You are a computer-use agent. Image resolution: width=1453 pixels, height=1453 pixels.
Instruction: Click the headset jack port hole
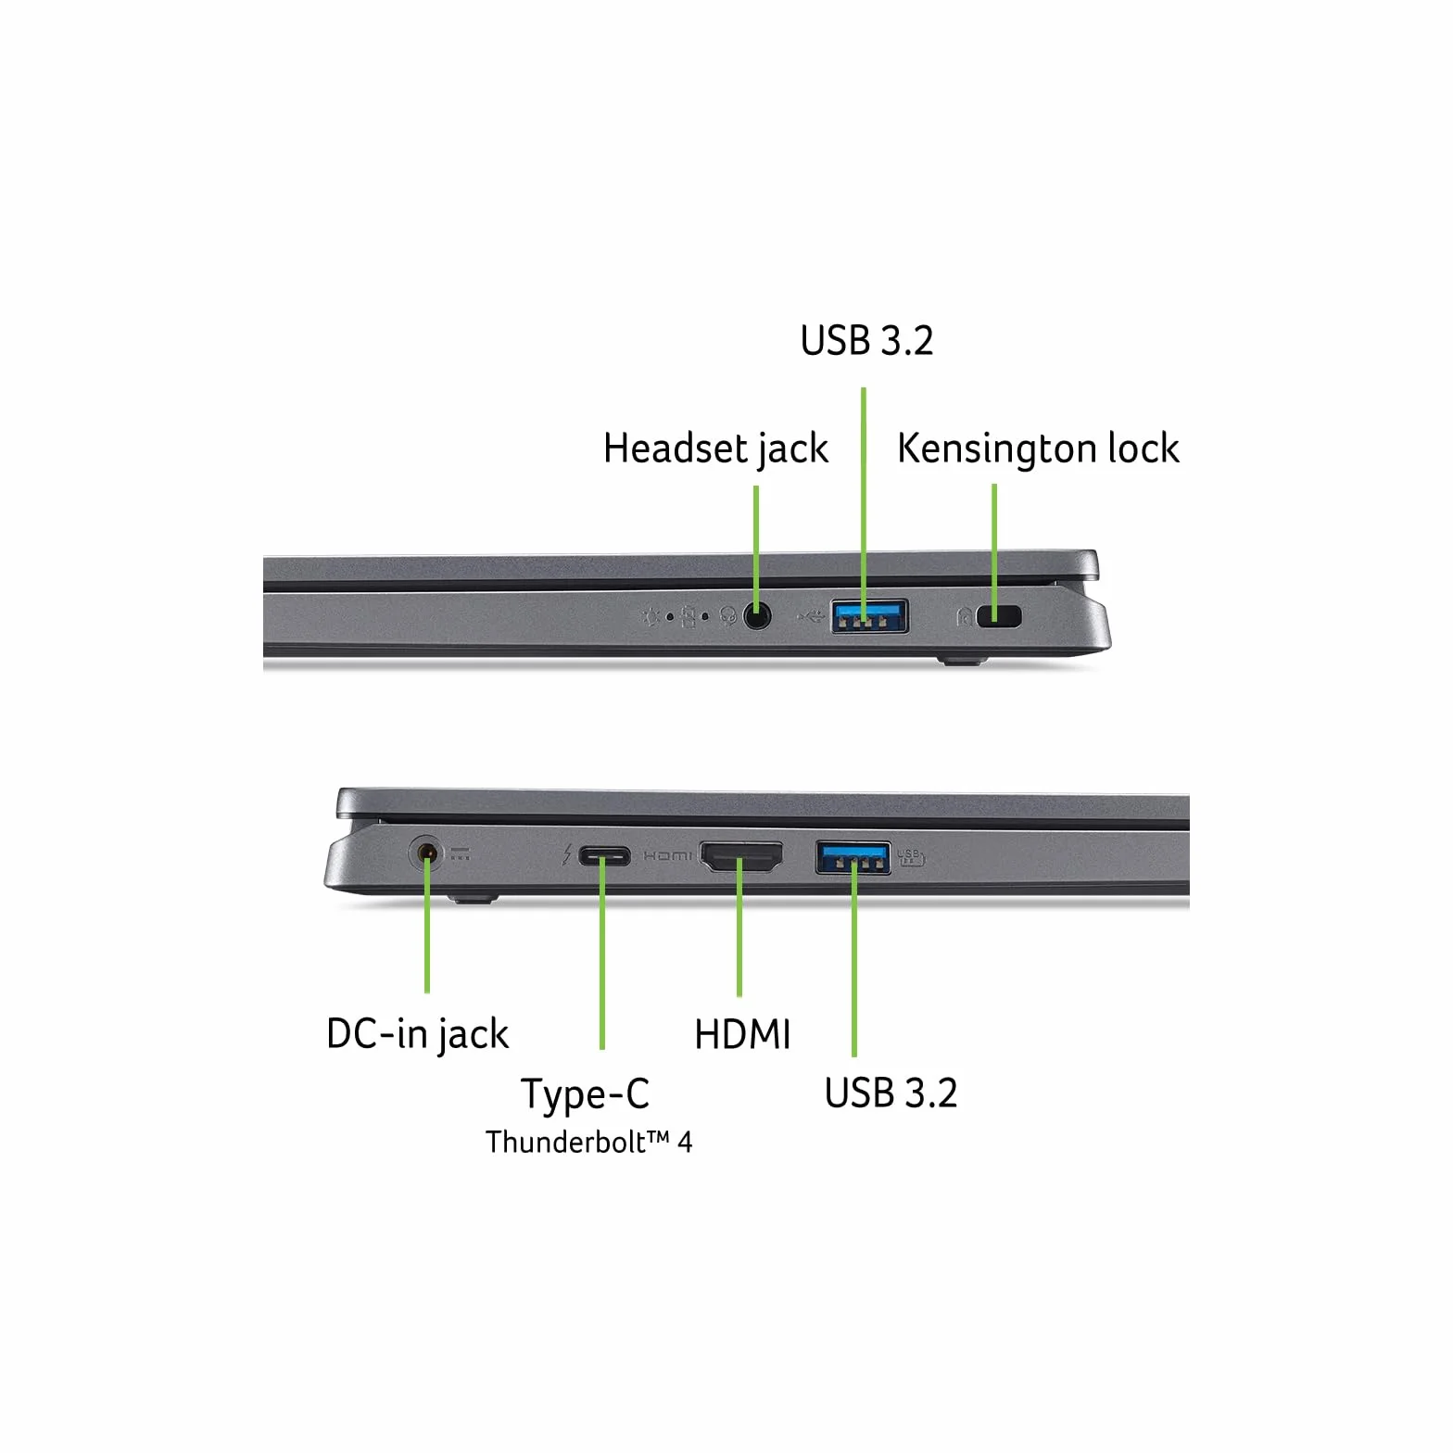tap(757, 616)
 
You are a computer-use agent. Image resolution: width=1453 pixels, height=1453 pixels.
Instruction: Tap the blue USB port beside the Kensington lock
tap(868, 616)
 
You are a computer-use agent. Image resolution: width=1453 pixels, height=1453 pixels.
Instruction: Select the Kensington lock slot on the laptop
tap(999, 616)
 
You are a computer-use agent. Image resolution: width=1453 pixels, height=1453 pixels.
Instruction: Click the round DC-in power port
tap(426, 853)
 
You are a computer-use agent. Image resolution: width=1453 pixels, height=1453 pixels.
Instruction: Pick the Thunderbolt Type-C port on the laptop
tap(604, 856)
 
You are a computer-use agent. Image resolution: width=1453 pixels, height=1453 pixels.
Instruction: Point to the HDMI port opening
tap(740, 857)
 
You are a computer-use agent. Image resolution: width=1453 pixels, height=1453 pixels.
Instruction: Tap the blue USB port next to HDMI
tap(853, 857)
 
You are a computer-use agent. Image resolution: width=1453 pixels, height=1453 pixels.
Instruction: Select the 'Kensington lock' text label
tap(1038, 449)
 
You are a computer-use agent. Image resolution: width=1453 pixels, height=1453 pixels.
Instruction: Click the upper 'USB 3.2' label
tap(866, 341)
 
